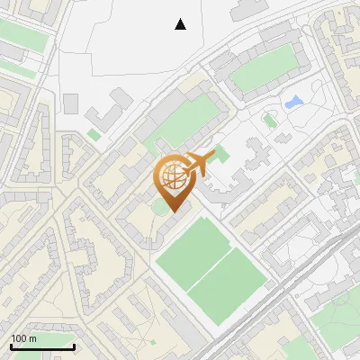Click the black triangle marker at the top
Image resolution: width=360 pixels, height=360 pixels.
pos(181,24)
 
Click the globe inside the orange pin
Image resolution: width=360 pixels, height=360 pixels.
pos(175,178)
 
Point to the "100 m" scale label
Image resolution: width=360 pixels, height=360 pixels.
pos(23,338)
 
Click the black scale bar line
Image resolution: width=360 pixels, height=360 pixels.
pos(42,347)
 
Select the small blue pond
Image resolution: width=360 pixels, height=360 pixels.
pos(293,103)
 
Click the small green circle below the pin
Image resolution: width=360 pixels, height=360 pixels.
pos(160,207)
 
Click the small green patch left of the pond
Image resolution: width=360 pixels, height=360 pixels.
pos(268,120)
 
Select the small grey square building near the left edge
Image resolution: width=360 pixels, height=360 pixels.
pos(71,104)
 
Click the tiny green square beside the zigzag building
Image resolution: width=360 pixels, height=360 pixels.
pos(94,135)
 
